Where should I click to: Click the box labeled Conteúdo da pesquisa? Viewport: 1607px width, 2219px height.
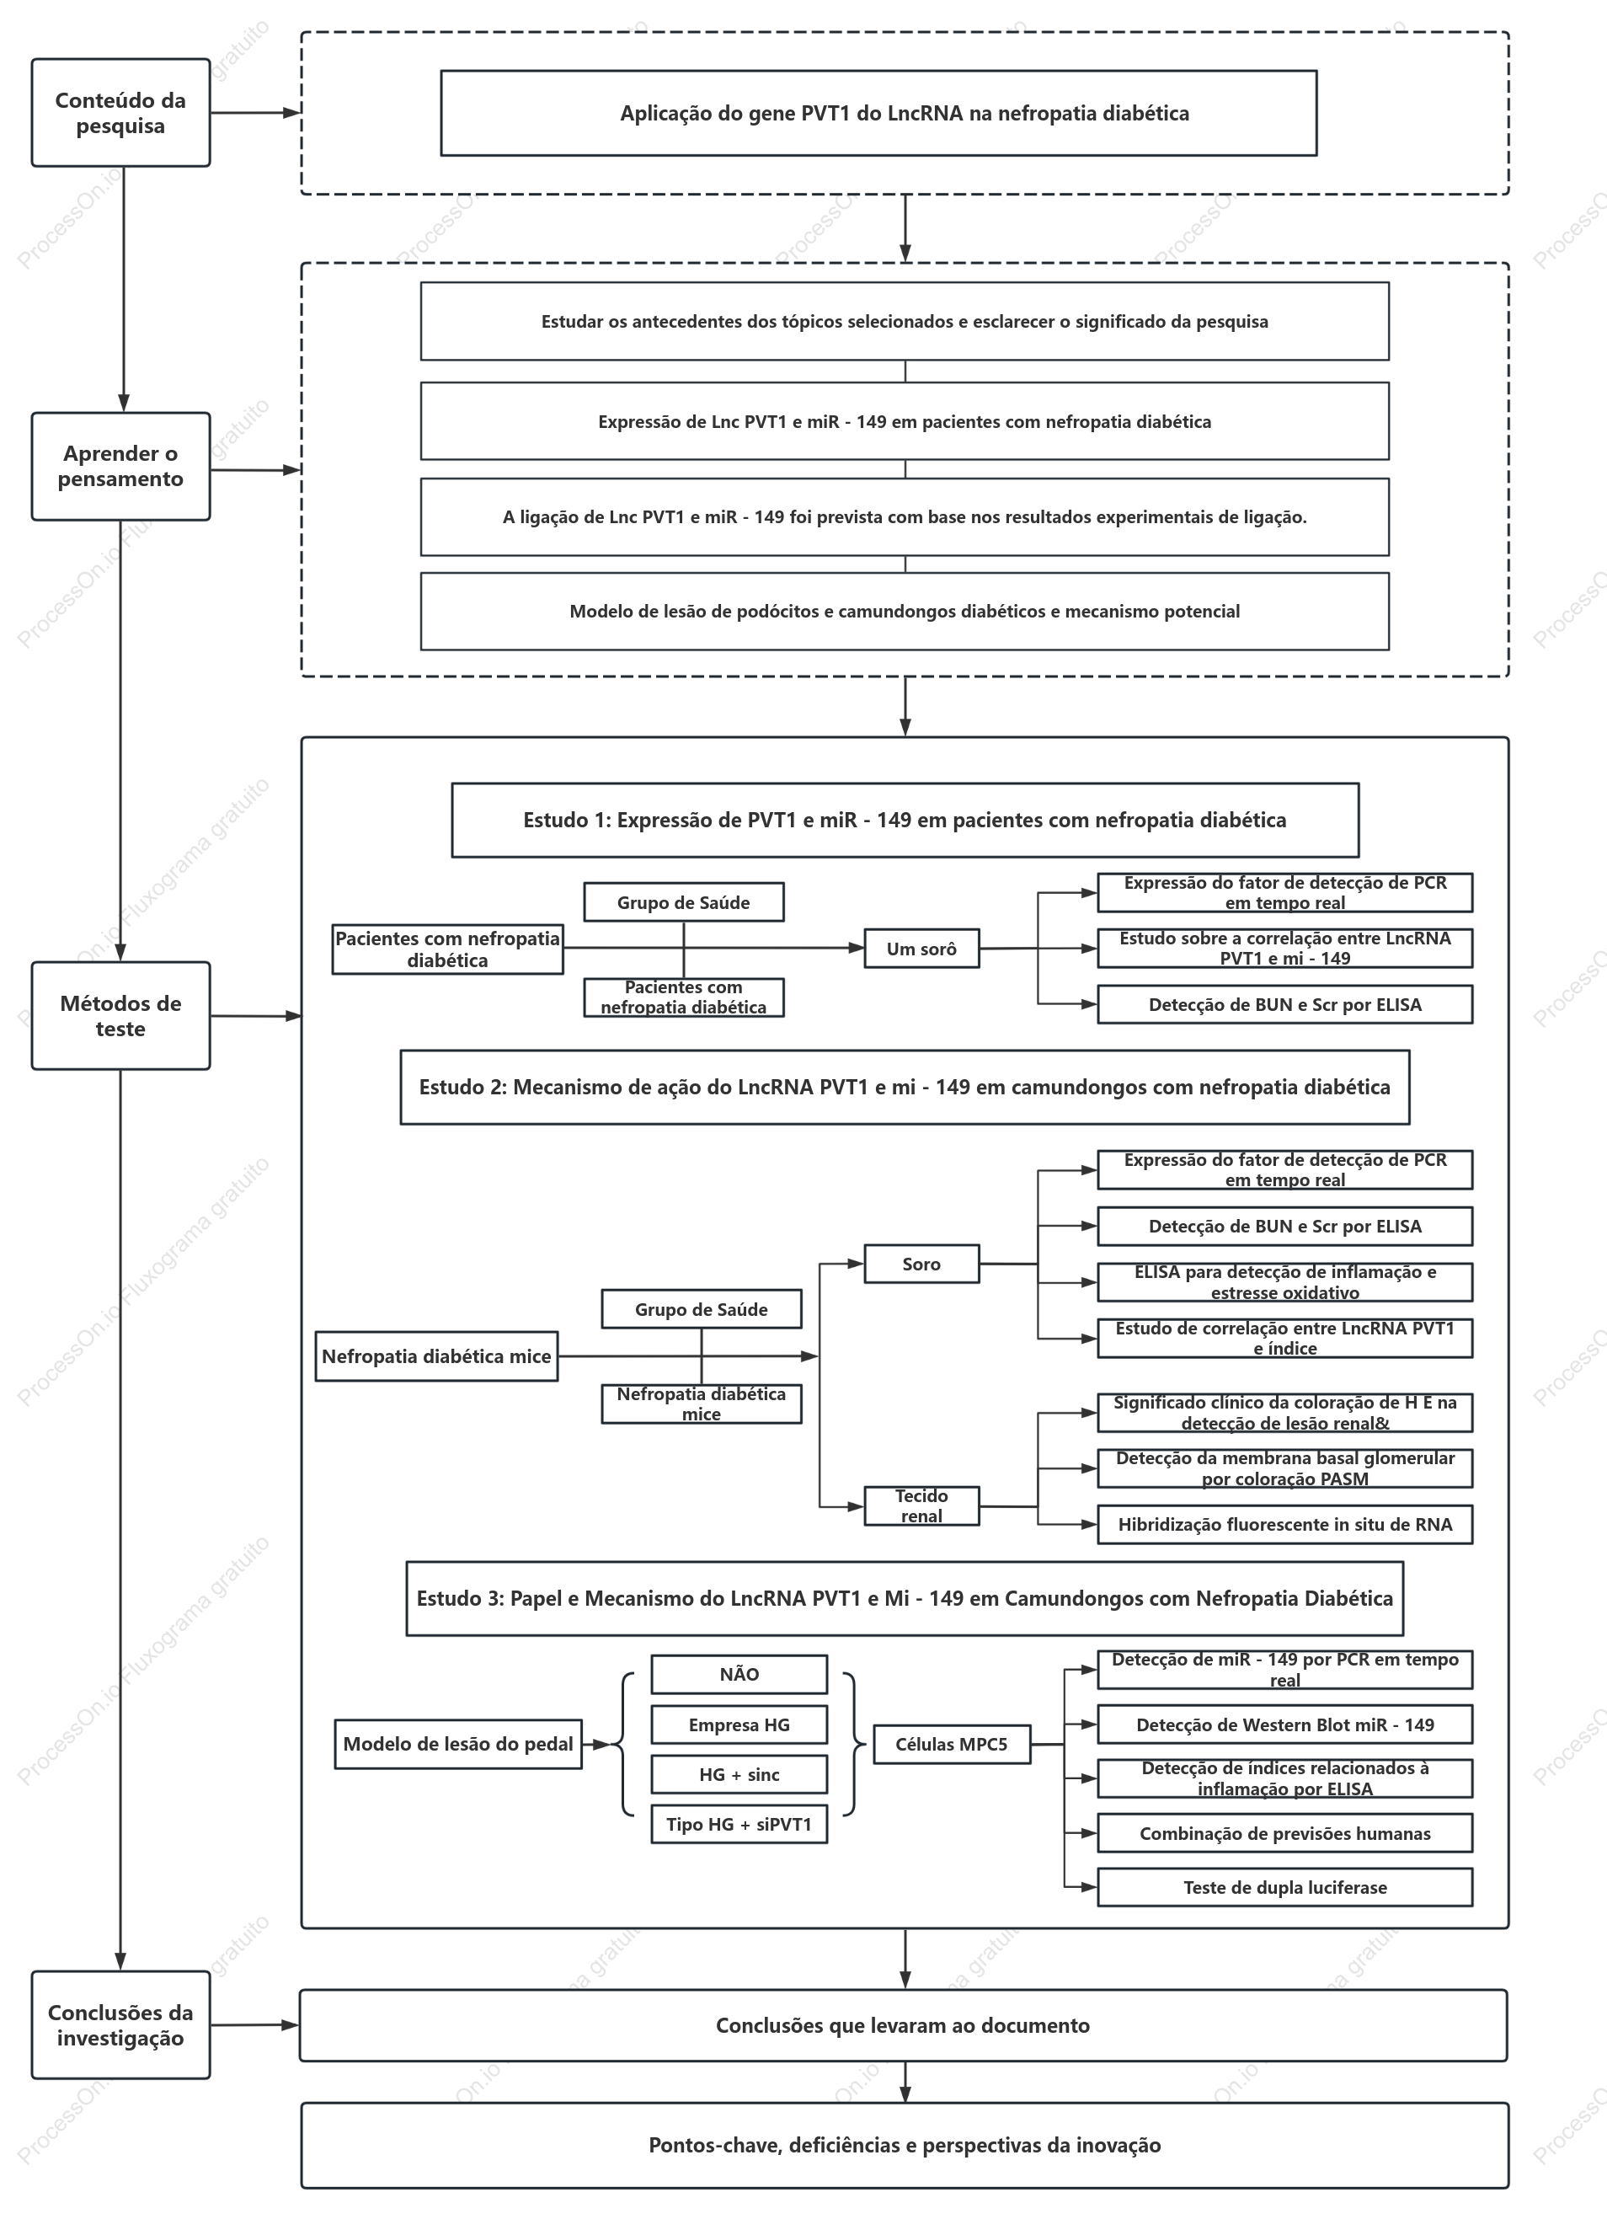coord(120,113)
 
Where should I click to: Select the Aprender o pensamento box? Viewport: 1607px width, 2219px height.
coord(120,466)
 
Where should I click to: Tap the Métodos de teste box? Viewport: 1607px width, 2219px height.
coord(120,1016)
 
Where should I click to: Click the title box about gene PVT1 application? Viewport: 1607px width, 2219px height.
coord(878,113)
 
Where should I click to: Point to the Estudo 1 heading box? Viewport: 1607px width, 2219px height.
coord(905,820)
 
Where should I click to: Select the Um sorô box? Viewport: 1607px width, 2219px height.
coord(921,948)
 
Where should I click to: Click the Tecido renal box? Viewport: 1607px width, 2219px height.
coord(921,1505)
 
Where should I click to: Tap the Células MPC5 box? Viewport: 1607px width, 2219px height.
coord(952,1744)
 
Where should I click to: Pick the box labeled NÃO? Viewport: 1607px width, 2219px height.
coord(739,1674)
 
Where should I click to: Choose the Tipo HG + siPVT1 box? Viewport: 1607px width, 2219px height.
coord(739,1824)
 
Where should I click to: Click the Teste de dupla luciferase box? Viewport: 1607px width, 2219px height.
coord(1285,1887)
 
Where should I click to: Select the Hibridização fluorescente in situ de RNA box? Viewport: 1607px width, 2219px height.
coord(1285,1524)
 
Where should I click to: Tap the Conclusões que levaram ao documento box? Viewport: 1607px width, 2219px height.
coord(903,2025)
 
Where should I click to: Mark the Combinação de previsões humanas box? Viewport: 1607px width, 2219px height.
coord(1285,1833)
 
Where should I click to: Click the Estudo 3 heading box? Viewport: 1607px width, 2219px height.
coord(905,1599)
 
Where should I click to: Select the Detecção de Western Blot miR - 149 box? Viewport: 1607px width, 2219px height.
coord(1285,1725)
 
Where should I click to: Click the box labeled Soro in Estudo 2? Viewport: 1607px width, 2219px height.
coord(921,1264)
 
